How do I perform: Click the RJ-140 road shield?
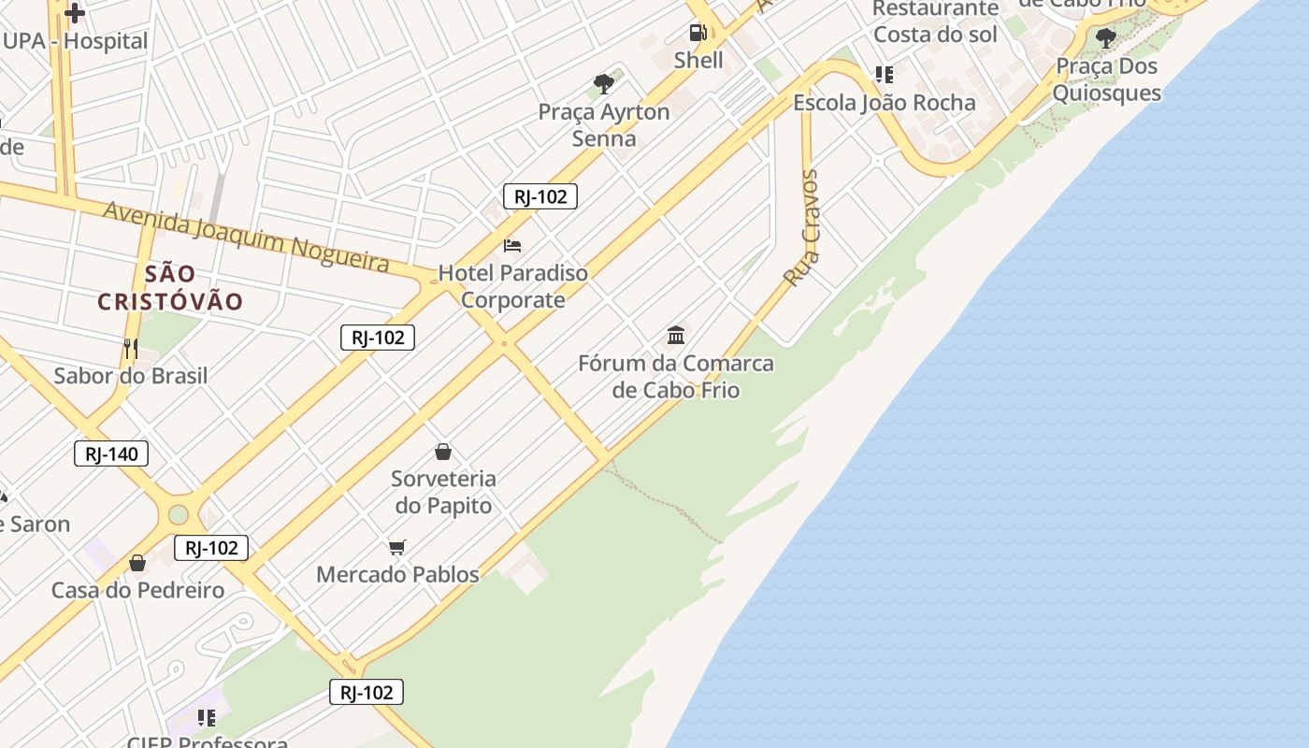coord(111,454)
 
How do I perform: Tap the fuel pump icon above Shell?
coord(698,33)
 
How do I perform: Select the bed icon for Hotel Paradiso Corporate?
coord(512,246)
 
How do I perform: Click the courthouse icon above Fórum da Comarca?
coord(676,335)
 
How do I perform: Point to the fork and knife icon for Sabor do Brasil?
coord(131,349)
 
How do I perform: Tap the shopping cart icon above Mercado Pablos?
coord(397,547)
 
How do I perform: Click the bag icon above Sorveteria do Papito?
coord(443,452)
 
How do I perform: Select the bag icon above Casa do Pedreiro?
coord(137,563)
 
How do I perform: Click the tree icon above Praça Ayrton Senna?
coord(604,84)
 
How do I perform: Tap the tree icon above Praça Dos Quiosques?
coord(1106,38)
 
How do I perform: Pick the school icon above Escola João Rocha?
coord(884,74)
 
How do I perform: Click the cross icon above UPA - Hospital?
coord(75,13)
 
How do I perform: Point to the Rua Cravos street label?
coord(802,228)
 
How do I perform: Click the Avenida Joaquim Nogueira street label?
coord(246,236)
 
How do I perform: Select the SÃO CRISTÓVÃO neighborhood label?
coord(170,288)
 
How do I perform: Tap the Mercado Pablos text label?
coord(397,574)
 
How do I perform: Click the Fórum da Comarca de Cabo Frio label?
coord(676,376)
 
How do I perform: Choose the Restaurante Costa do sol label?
coord(936,22)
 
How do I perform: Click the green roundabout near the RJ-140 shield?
coord(179,514)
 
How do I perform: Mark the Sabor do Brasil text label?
coord(131,376)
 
